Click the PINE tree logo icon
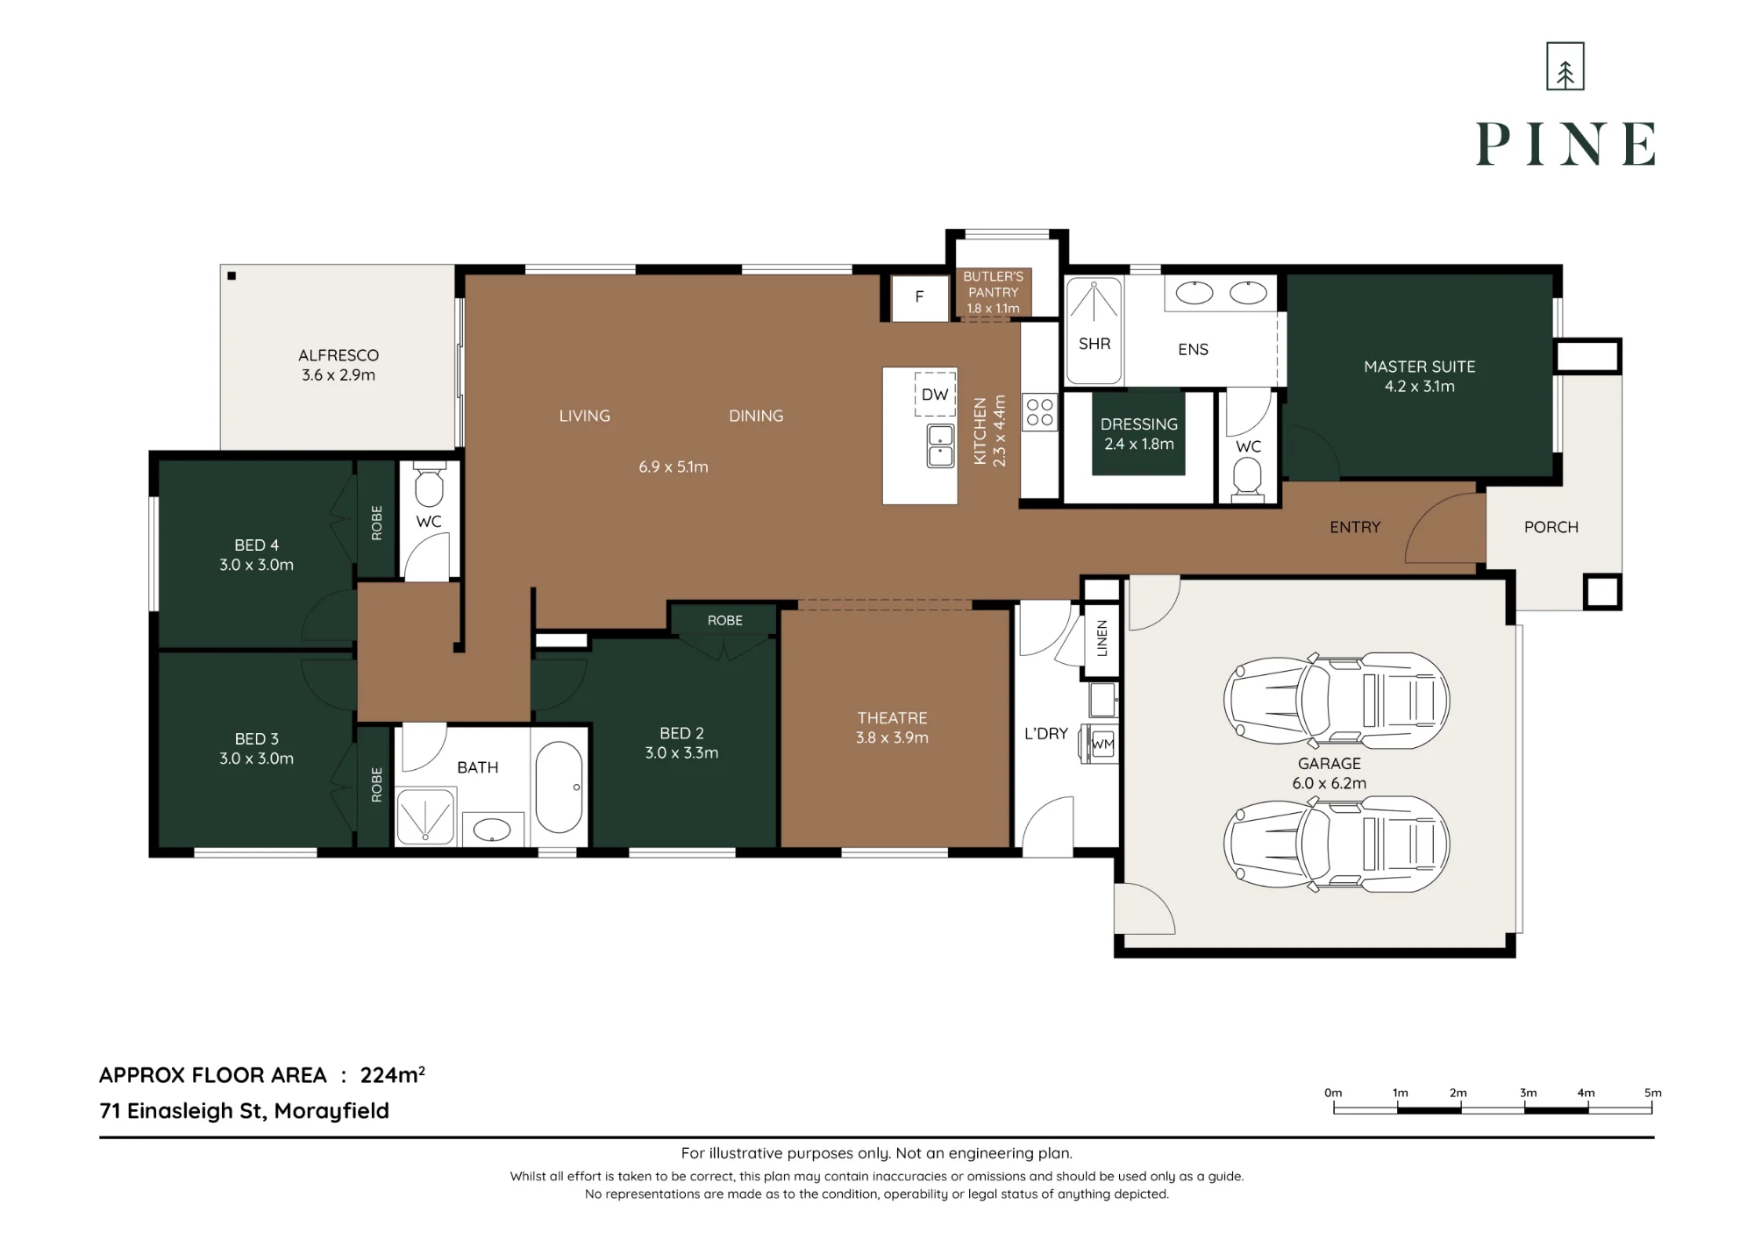[1565, 66]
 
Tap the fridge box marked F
[920, 297]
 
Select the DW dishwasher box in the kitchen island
[935, 395]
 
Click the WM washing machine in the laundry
[1102, 744]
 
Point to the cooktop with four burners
[1040, 412]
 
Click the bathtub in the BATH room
[559, 787]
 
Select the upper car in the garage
[1336, 701]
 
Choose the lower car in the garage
[1336, 844]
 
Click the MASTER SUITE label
[1419, 367]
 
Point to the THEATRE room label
[892, 718]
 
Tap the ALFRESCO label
[339, 355]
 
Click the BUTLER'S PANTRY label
[993, 284]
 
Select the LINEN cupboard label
[1102, 638]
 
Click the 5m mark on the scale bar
[1652, 1093]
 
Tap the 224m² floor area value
[393, 1075]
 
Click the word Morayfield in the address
[332, 1111]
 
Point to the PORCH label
[1551, 527]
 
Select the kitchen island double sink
[940, 445]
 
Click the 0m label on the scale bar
[1333, 1093]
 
